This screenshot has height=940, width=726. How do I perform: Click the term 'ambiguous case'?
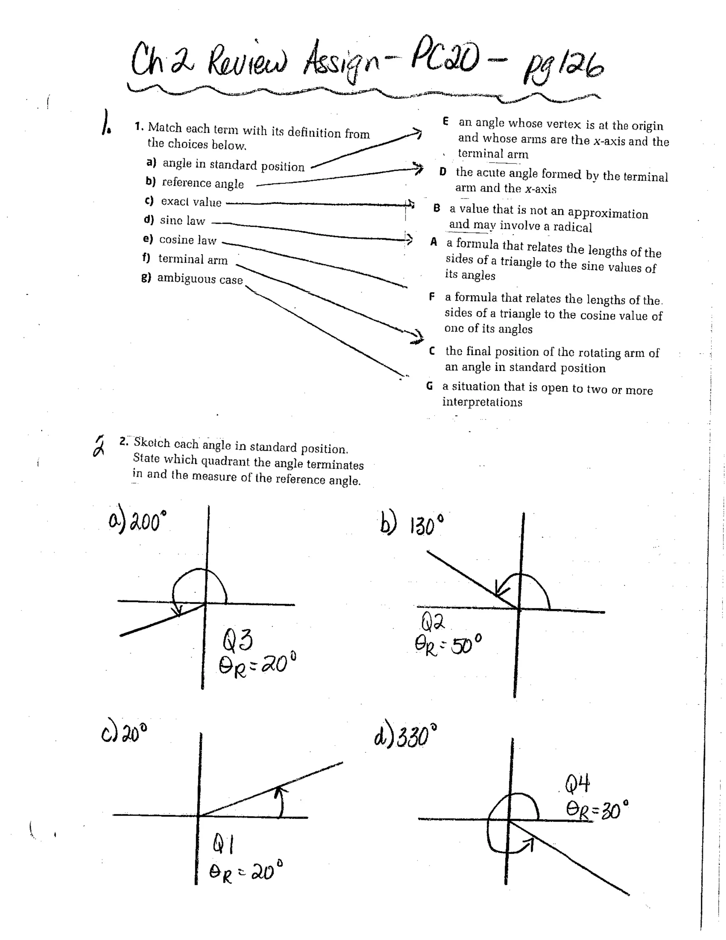[200, 279]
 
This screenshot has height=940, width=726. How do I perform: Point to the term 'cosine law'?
[188, 240]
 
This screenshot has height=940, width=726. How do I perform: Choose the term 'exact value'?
[191, 202]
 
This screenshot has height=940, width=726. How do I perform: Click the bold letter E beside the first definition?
[446, 121]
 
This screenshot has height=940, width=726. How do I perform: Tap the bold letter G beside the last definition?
[429, 386]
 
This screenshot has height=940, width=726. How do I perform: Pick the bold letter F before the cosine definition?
[432, 297]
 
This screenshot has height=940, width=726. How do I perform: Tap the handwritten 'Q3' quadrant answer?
[238, 640]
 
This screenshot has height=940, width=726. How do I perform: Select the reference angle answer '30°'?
[614, 811]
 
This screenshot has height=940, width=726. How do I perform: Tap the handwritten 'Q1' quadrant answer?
[223, 846]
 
